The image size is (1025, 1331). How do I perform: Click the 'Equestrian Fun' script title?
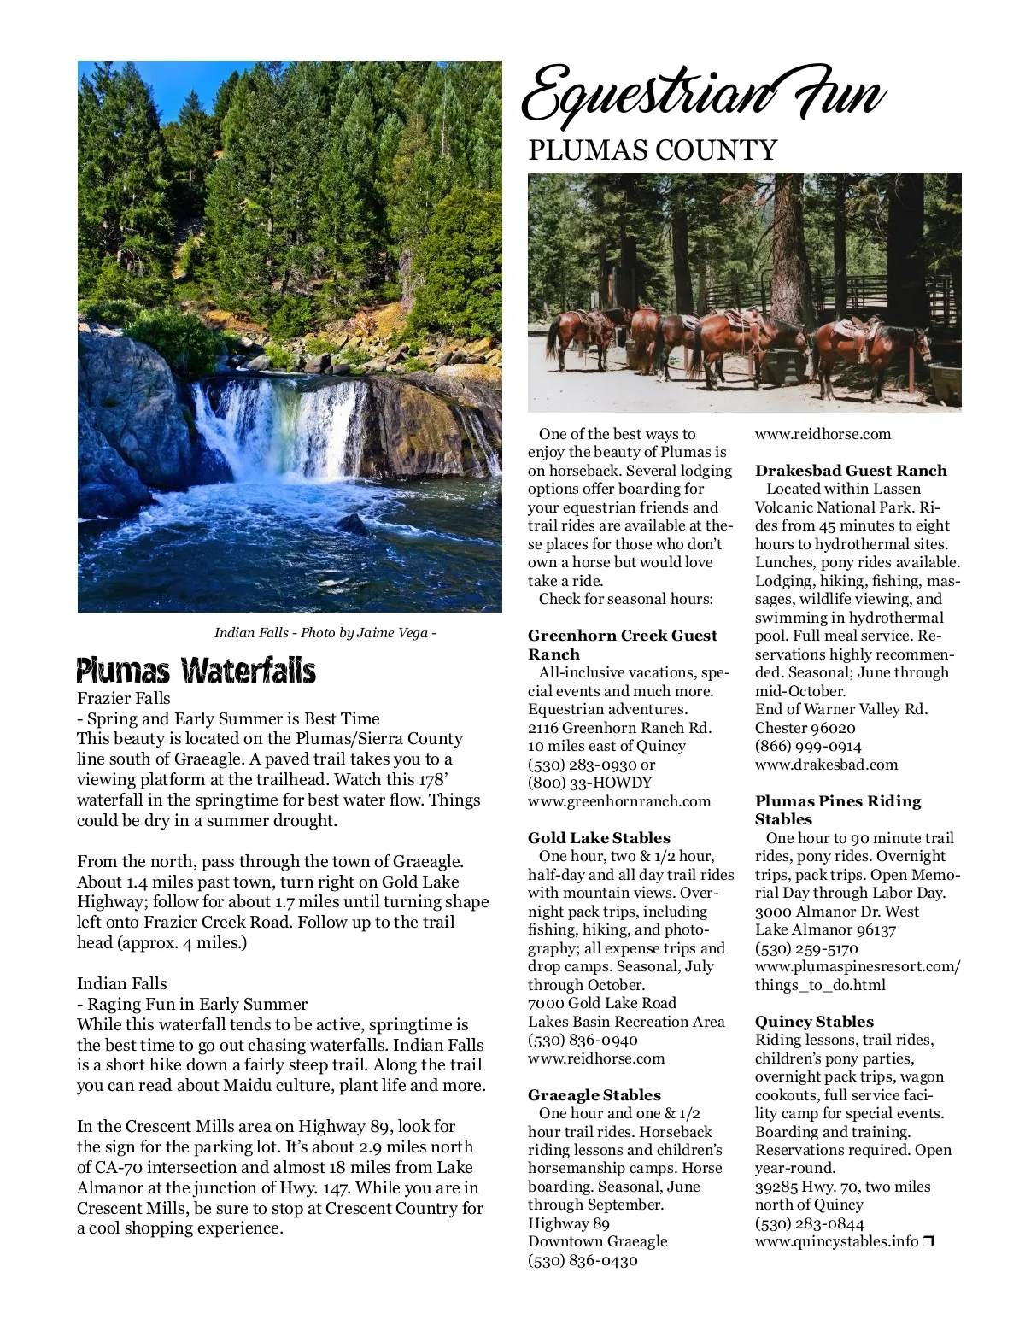point(702,96)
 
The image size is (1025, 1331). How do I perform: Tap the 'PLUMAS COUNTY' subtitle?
point(653,150)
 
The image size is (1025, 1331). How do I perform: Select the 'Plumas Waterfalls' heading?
point(196,671)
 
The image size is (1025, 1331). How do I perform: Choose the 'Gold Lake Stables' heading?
point(599,837)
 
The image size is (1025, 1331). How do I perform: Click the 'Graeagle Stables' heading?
point(594,1094)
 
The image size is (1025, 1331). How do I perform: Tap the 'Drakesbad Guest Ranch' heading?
point(851,470)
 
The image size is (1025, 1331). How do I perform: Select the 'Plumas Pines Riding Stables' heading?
point(838,810)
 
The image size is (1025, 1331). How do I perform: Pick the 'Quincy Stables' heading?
point(814,1021)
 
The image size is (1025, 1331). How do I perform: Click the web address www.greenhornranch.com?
point(619,801)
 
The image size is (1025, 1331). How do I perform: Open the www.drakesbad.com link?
point(826,765)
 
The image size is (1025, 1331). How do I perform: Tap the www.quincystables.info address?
point(836,1241)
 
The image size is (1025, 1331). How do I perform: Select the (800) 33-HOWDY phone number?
point(589,783)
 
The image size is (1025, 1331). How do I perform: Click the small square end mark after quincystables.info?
point(928,1241)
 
